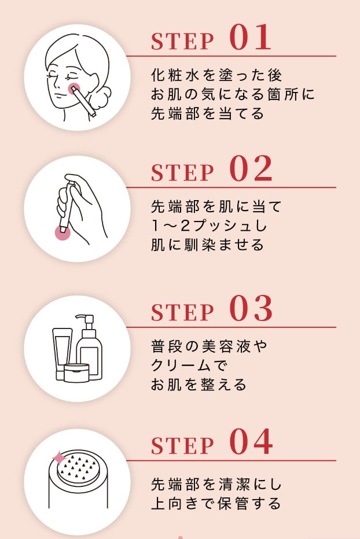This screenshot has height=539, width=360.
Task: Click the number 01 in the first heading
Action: pos(251,37)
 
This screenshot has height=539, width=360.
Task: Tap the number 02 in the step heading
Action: pos(251,168)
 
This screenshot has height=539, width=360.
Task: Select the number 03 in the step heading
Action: pos(251,308)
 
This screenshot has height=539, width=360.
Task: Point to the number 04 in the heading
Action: pos(251,442)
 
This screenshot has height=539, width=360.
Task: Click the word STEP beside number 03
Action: pos(182,312)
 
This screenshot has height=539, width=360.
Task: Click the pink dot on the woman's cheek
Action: pos(74,88)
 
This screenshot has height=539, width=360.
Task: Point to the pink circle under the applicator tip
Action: pos(63,232)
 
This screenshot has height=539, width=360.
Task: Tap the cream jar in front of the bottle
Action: pos(76,372)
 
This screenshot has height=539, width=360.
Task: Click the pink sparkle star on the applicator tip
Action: pos(59,458)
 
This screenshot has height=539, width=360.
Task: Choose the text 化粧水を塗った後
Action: pos(216,75)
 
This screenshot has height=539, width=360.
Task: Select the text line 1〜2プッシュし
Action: pos(210,226)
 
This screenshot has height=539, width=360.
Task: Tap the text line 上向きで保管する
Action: pos(216,504)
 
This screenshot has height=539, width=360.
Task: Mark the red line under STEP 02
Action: pos(231,187)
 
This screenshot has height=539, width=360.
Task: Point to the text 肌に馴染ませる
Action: pos(208,245)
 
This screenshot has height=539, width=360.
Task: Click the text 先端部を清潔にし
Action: pos(216,485)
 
